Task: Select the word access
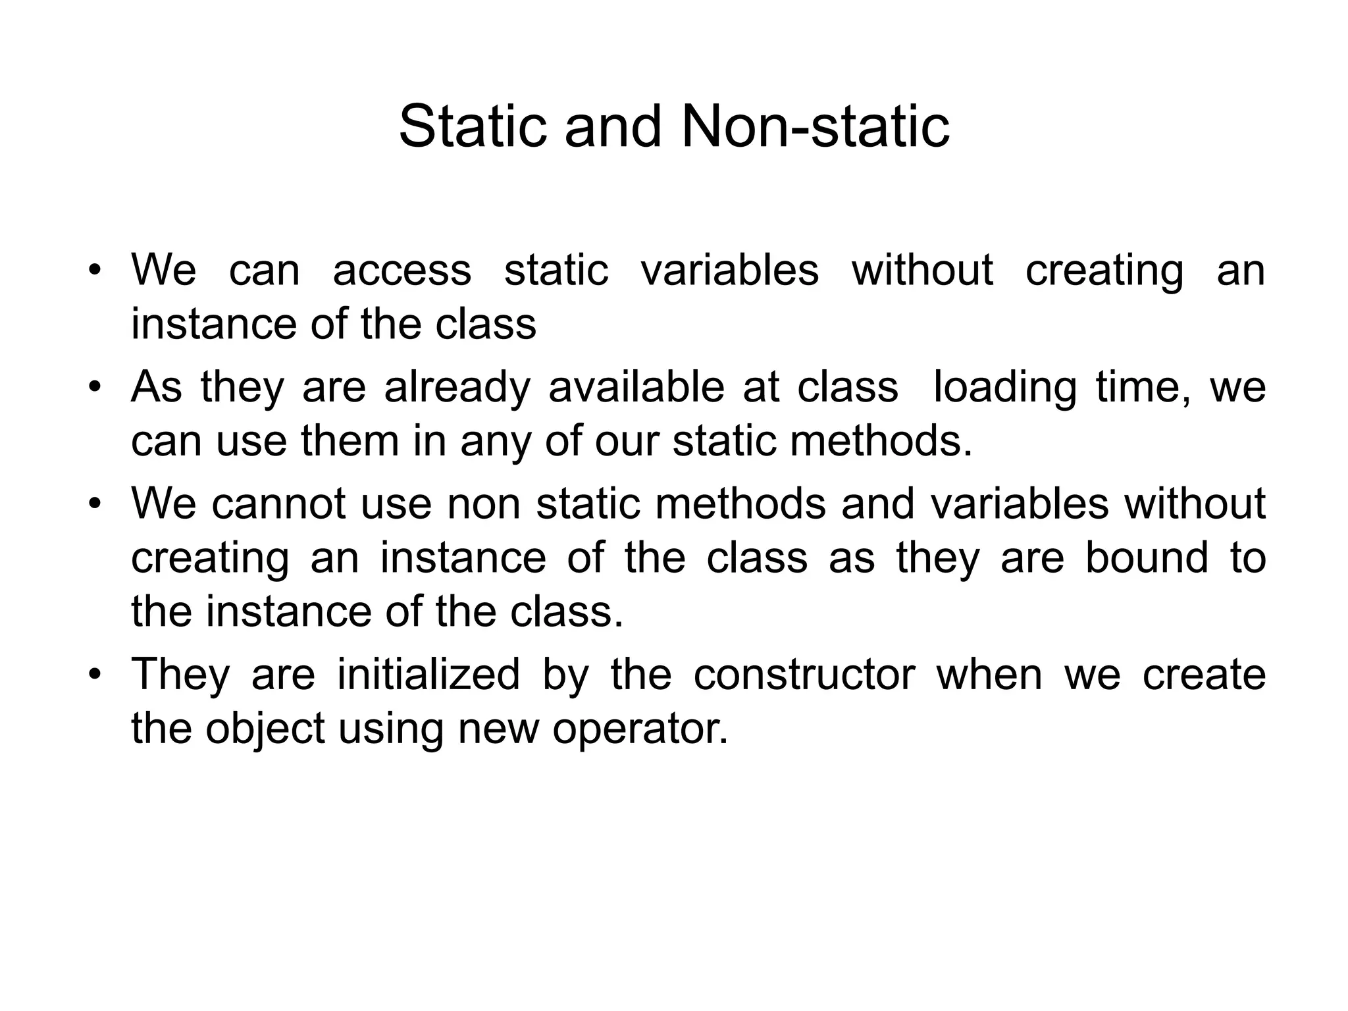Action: click(402, 271)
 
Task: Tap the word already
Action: click(457, 387)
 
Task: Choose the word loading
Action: click(1005, 387)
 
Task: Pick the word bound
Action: click(1147, 557)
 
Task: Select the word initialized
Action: click(428, 675)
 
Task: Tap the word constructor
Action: click(804, 675)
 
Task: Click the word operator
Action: click(640, 729)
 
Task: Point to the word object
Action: click(265, 729)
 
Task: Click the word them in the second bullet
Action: click(350, 441)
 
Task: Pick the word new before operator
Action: click(498, 729)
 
